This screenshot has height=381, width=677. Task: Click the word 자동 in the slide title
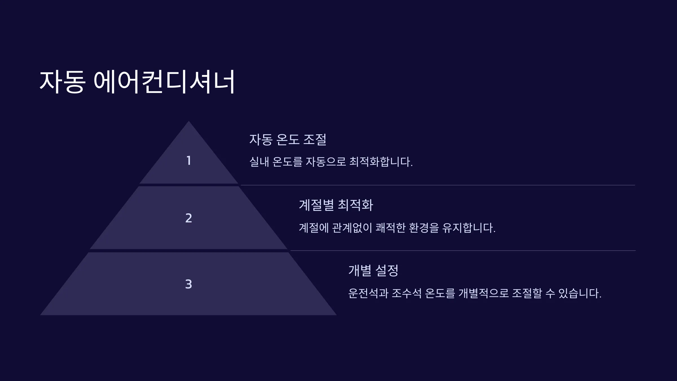(x=62, y=82)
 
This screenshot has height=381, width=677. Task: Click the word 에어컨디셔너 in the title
(x=164, y=82)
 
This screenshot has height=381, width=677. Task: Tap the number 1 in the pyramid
(x=189, y=161)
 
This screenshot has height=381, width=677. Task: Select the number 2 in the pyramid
(x=189, y=218)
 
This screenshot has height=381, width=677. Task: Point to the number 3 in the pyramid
(x=189, y=284)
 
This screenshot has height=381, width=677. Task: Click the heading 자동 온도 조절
(x=288, y=139)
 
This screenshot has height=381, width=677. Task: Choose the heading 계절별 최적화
(x=336, y=205)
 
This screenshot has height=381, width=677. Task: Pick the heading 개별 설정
(x=373, y=270)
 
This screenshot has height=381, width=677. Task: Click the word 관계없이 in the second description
(x=352, y=228)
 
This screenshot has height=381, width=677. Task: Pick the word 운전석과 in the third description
(x=368, y=293)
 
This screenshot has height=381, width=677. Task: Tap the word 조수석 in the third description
(x=406, y=293)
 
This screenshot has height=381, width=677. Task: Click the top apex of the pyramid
(x=189, y=121)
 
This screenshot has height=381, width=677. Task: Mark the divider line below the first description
(x=438, y=185)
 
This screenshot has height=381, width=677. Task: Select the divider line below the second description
(x=463, y=251)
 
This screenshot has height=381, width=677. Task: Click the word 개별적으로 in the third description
(x=483, y=293)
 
